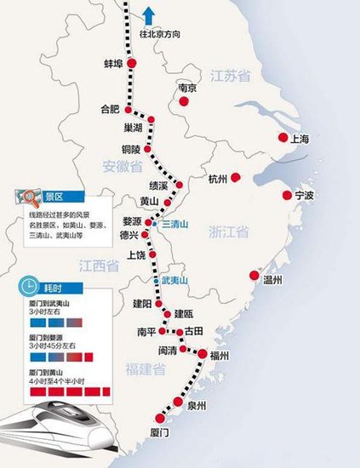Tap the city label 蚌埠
point(114,64)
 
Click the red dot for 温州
point(254,275)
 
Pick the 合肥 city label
point(111,109)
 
